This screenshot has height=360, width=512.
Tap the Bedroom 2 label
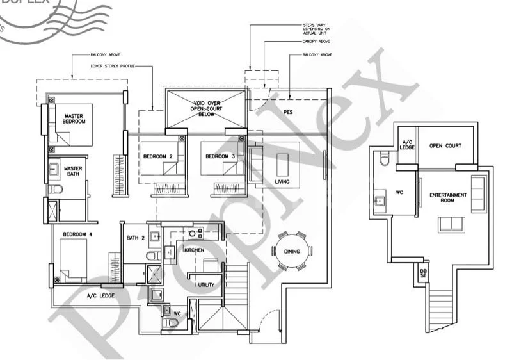coord(157,156)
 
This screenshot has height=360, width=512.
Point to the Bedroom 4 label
coord(77,235)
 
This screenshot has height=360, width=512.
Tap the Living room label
coord(282,183)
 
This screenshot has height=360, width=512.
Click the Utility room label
coord(205,284)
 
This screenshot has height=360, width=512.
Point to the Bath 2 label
coord(136,238)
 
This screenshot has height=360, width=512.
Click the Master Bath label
coord(74,173)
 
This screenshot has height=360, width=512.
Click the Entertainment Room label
coord(448,197)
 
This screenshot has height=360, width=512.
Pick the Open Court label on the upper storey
coord(445,145)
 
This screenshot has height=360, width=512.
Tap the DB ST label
coord(422,274)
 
